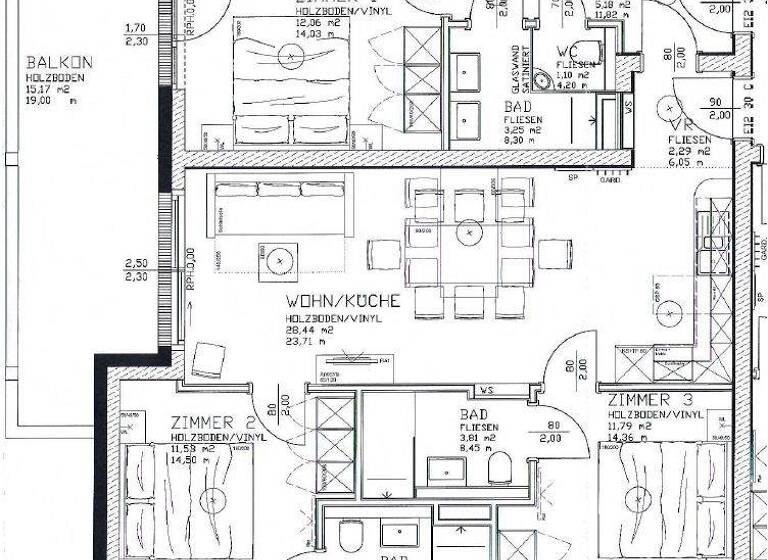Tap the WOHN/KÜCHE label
(x=343, y=300)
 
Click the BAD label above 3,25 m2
(x=518, y=106)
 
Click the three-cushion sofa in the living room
(x=280, y=203)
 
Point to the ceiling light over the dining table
(x=466, y=232)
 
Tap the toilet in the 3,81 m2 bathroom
(x=500, y=467)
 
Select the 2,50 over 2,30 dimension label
(x=136, y=270)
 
